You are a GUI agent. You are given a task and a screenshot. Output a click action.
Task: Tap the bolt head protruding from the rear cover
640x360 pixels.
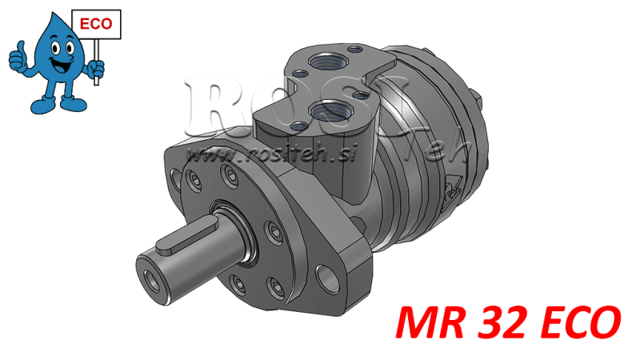pos(481,103)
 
